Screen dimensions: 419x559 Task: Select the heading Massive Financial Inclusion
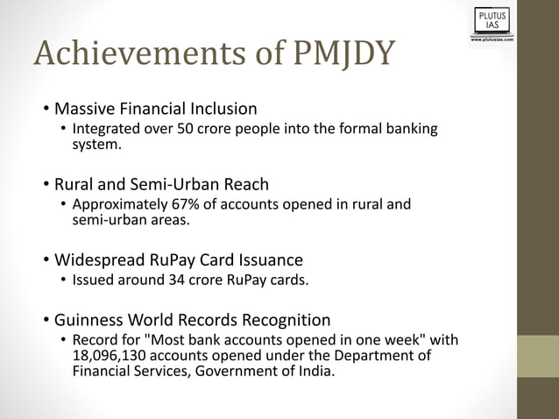point(156,110)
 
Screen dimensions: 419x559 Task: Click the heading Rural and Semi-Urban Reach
point(161,185)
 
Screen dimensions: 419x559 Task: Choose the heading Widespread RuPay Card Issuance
point(179,260)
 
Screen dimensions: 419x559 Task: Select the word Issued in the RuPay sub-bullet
point(91,281)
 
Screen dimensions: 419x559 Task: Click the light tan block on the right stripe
point(538,357)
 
